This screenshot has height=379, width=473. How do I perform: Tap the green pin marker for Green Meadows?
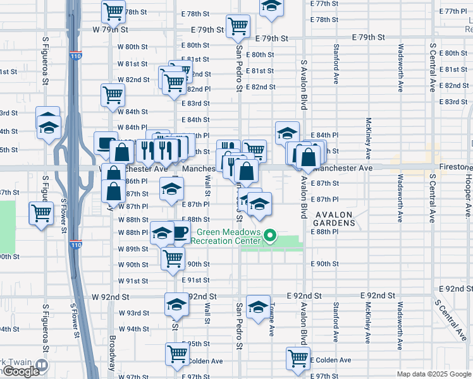tap(270, 237)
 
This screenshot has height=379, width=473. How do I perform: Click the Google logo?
tap(21, 371)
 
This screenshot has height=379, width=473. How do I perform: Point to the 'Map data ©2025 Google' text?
tap(434, 374)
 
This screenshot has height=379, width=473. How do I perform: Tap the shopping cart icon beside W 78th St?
tap(113, 11)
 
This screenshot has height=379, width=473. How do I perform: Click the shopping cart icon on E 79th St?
tap(238, 26)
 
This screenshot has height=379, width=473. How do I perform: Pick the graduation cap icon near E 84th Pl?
tap(287, 133)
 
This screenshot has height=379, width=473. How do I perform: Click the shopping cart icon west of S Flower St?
tap(40, 214)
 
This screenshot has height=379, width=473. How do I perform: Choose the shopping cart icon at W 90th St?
tap(173, 258)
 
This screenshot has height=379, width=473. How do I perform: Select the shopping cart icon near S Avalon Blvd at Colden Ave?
tap(298, 358)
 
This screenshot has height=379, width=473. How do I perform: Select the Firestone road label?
tap(448, 168)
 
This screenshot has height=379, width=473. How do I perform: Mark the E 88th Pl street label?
tap(325, 232)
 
